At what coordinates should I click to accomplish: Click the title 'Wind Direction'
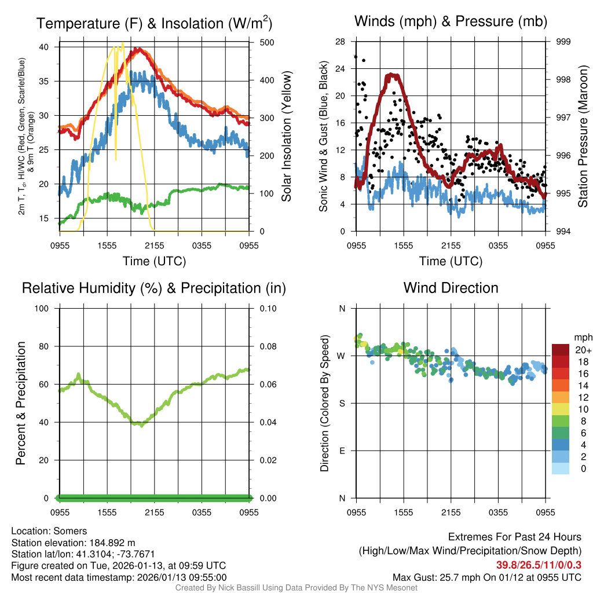[x=451, y=288]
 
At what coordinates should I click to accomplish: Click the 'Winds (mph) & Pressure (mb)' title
[x=451, y=22]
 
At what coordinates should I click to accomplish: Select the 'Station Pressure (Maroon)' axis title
[x=583, y=137]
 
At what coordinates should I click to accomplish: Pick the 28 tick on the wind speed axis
[x=341, y=42]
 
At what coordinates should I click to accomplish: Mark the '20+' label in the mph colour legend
[x=582, y=350]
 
